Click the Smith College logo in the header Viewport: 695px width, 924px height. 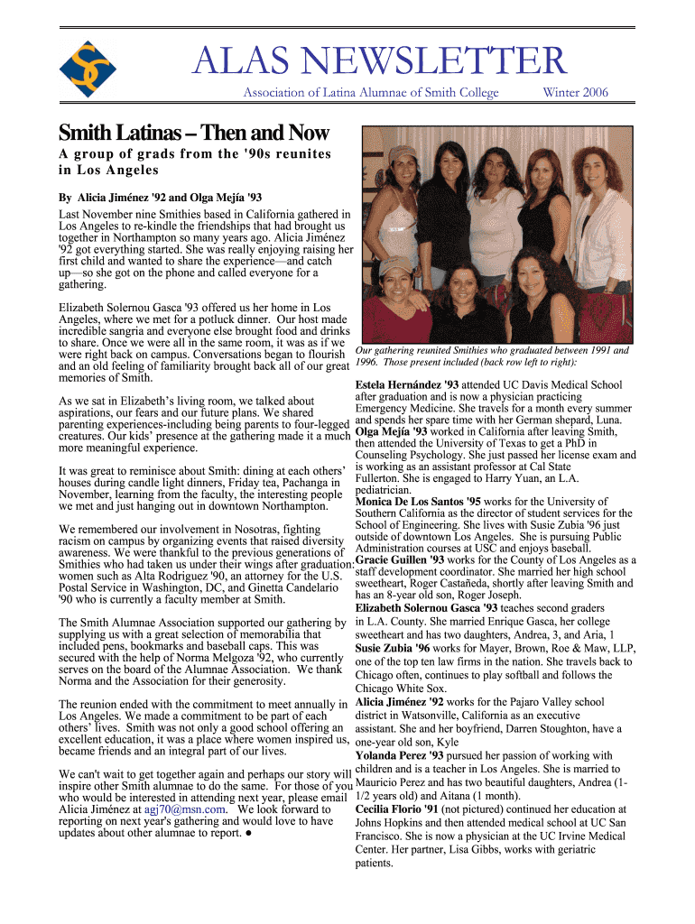click(x=88, y=69)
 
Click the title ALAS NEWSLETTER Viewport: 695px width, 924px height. click(x=378, y=61)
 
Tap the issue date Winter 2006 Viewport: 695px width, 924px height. click(x=575, y=92)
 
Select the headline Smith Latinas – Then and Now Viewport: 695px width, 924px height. click(x=193, y=134)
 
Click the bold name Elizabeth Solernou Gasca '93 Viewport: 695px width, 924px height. click(x=427, y=607)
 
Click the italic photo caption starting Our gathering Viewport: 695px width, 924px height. click(x=492, y=356)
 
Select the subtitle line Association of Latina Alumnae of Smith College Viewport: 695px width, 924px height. click(x=371, y=92)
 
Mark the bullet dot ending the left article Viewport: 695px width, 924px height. click(x=247, y=834)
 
